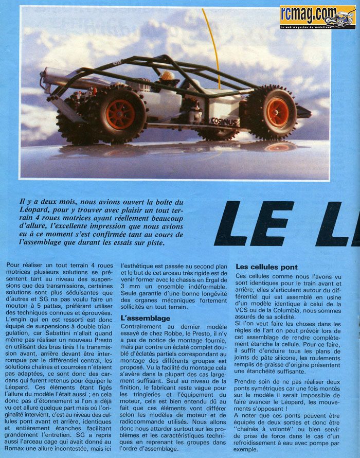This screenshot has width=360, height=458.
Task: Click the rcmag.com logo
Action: point(317,16)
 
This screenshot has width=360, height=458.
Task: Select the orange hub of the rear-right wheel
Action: point(278,112)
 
